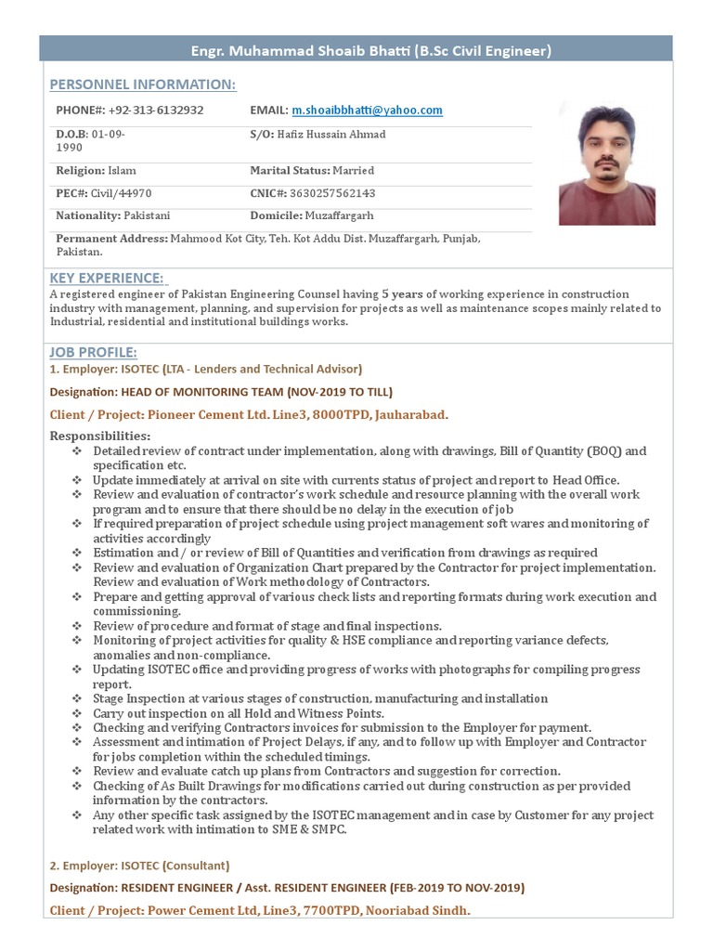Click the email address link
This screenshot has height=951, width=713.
367,111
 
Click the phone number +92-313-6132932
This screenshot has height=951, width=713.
157,111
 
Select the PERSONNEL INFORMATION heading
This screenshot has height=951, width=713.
142,85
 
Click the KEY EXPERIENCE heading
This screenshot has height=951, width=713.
107,278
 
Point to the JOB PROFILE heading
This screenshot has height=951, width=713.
93,352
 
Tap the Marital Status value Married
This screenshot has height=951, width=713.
354,171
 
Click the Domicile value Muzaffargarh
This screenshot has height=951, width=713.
344,215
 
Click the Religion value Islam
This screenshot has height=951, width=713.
123,171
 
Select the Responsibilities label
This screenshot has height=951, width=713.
99,436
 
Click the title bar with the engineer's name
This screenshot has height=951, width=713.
369,51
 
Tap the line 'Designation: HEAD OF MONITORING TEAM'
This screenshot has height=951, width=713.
221,391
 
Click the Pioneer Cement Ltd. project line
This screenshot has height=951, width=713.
255,414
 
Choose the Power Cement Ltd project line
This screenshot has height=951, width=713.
260,910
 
